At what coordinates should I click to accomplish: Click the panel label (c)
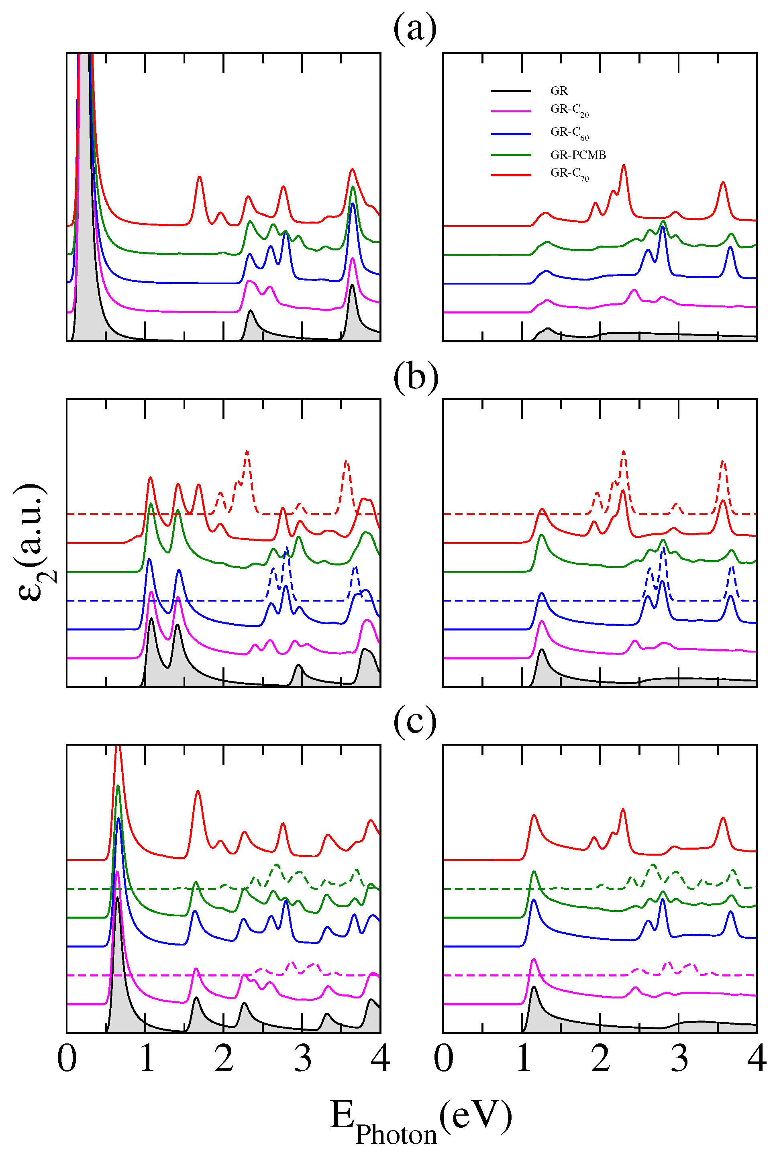click(x=415, y=723)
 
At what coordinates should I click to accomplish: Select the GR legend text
click(x=559, y=91)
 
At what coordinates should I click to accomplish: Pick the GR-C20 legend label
click(x=569, y=110)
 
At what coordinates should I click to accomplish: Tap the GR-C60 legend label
click(x=569, y=133)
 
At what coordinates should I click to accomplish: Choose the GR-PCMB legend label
click(x=578, y=155)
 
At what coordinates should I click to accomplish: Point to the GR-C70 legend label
click(x=569, y=174)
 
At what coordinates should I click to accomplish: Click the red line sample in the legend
click(x=510, y=175)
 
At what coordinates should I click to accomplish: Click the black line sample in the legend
click(x=510, y=91)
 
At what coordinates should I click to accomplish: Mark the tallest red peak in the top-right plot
click(x=623, y=165)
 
